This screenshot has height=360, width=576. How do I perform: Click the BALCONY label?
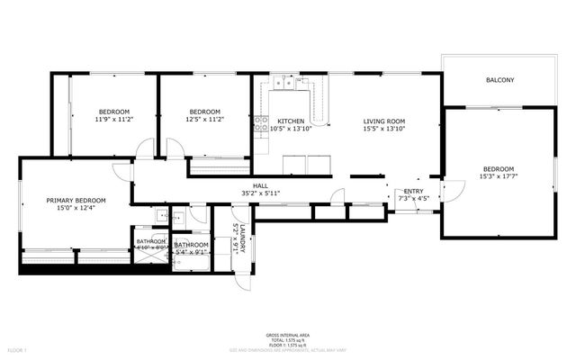[x=499, y=81]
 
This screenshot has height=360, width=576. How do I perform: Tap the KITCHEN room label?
[x=290, y=121]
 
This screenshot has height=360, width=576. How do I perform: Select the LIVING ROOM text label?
[x=384, y=121]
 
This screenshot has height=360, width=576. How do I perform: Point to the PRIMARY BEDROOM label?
[x=76, y=200]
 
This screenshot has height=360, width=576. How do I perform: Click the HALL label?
[x=261, y=185]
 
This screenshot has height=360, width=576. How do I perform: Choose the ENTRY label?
[x=413, y=191]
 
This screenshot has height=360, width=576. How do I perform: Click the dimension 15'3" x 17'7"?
[x=498, y=177]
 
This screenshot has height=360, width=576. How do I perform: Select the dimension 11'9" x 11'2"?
[x=114, y=119]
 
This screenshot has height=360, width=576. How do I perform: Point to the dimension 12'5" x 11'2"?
[x=204, y=119]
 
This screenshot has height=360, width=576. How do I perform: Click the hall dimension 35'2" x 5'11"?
[x=261, y=193]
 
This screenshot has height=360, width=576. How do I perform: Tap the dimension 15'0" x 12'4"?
[x=76, y=208]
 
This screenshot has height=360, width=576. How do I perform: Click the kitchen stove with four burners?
[x=261, y=124]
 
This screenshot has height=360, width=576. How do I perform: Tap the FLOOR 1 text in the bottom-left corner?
[x=18, y=348]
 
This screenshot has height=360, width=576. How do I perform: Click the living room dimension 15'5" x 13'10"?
[x=384, y=129]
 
